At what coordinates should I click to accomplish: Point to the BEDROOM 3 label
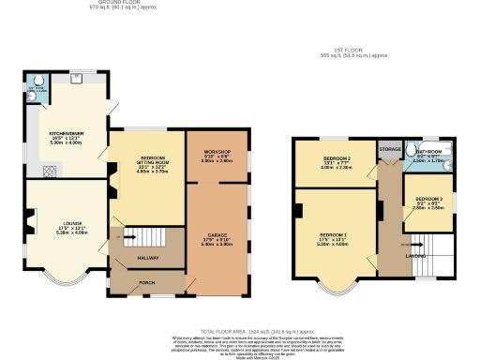428,199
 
